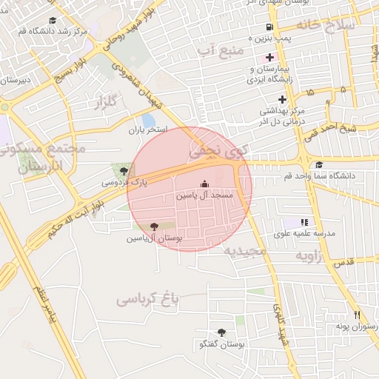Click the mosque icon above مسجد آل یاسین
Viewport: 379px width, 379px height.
pyautogui.click(x=204, y=184)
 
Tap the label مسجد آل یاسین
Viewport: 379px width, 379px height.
pyautogui.click(x=204, y=196)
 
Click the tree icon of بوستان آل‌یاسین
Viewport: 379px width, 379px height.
pyautogui.click(x=154, y=227)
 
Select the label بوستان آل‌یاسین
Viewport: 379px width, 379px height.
pyautogui.click(x=154, y=238)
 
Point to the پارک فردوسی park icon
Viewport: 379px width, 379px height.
pyautogui.click(x=115, y=170)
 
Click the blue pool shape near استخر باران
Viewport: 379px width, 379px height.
pyautogui.click(x=149, y=120)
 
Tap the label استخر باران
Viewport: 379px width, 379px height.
pyautogui.click(x=149, y=130)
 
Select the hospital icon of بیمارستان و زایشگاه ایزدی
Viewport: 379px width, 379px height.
pyautogui.click(x=269, y=57)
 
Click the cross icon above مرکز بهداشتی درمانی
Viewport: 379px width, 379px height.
pyautogui.click(x=282, y=99)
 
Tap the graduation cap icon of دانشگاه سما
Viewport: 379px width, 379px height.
pyautogui.click(x=319, y=165)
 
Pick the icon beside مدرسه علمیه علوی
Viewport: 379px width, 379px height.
pyautogui.click(x=303, y=222)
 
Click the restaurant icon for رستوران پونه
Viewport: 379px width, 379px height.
pyautogui.click(x=356, y=315)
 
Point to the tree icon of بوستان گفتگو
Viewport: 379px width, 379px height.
pyautogui.click(x=221, y=333)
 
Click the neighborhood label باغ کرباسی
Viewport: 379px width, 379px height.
pyautogui.click(x=147, y=300)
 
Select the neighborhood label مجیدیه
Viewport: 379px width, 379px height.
pyautogui.click(x=246, y=251)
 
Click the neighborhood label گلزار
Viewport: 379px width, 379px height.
pyautogui.click(x=108, y=102)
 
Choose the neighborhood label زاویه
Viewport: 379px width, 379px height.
pyautogui.click(x=312, y=255)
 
